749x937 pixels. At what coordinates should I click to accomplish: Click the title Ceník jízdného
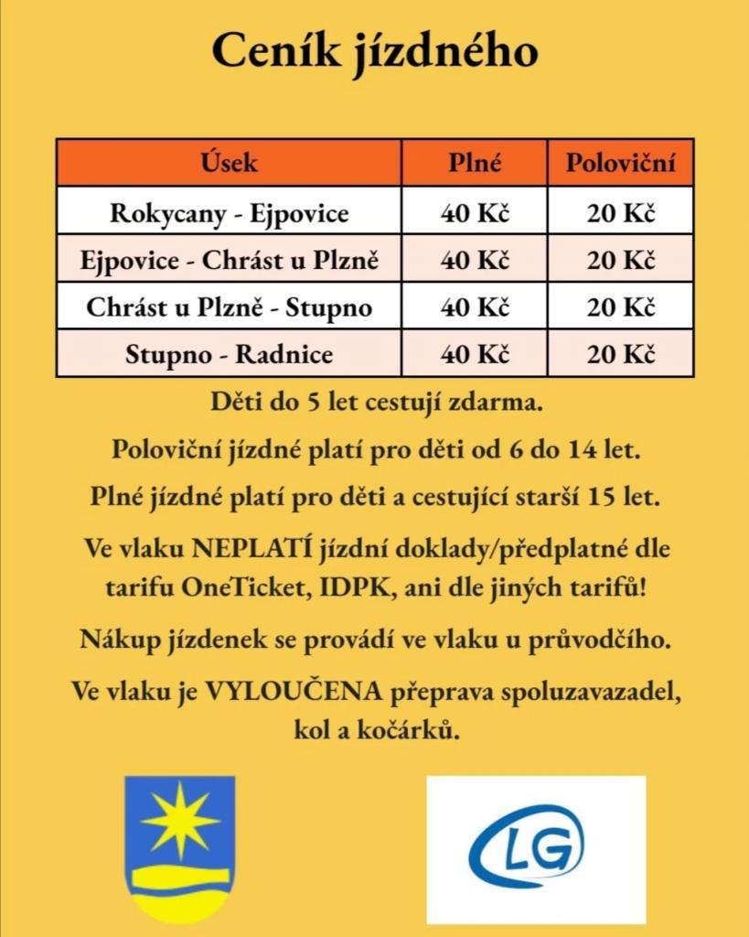(x=374, y=52)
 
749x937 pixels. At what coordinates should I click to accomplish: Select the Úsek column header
(x=229, y=163)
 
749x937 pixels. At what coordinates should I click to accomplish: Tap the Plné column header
(x=475, y=163)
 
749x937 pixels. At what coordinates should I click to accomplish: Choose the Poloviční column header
(x=621, y=163)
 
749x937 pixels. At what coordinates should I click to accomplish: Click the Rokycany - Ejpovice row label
(x=229, y=213)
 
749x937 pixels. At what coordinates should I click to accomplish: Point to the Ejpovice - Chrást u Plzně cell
(x=229, y=260)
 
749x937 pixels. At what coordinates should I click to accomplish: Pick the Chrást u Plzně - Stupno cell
(x=229, y=307)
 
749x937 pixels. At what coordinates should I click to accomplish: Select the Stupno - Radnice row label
(x=229, y=354)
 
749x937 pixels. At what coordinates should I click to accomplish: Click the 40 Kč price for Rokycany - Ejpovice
(x=475, y=213)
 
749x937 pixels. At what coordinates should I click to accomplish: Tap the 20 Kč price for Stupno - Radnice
(x=621, y=354)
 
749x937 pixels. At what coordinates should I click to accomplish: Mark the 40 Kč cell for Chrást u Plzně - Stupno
(x=475, y=307)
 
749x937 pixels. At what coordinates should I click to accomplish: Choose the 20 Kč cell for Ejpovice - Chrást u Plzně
(x=621, y=260)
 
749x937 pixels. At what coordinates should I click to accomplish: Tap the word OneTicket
(x=243, y=587)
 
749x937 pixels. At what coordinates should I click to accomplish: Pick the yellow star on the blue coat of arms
(x=180, y=820)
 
